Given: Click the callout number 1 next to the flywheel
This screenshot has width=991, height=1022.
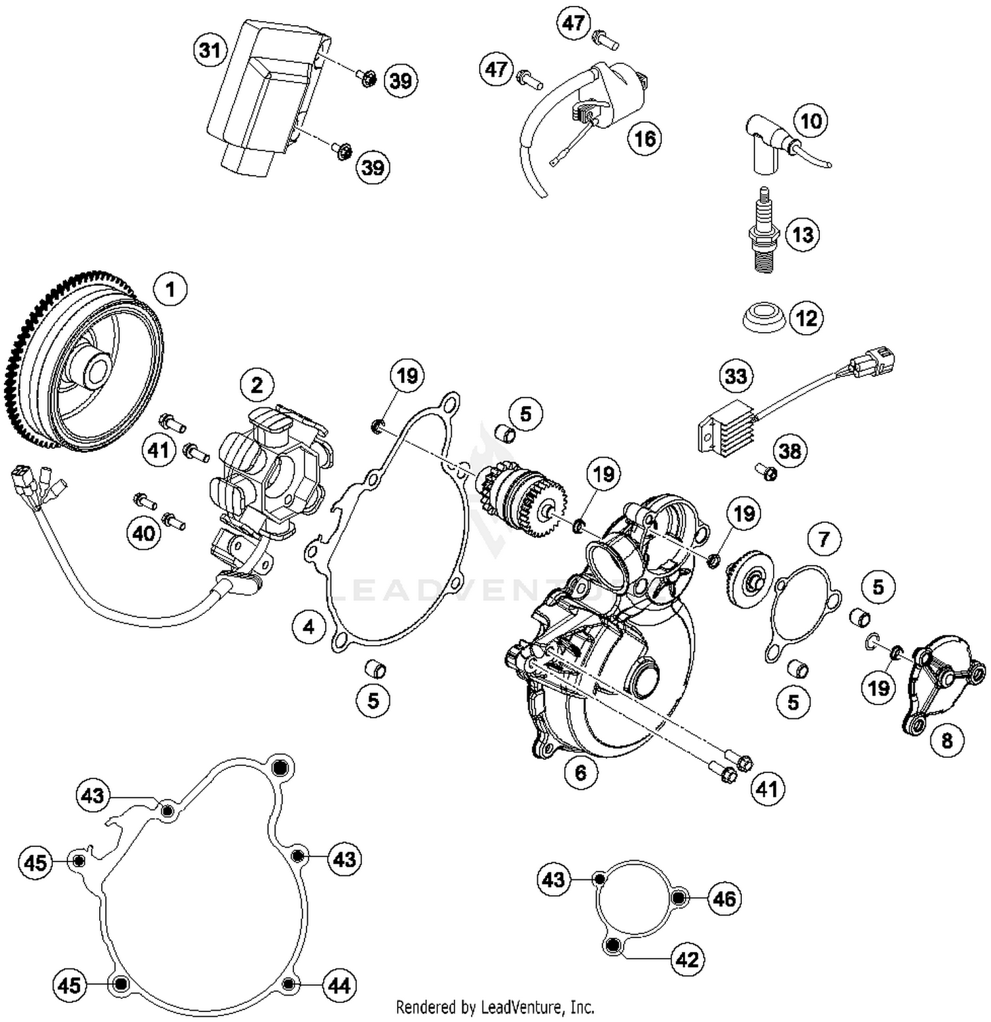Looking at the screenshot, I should (x=170, y=290).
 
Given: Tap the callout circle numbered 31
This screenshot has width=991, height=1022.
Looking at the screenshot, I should (x=210, y=50).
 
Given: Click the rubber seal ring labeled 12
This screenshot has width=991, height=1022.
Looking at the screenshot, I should (x=762, y=318).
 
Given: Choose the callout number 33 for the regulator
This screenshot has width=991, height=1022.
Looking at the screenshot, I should (x=735, y=376).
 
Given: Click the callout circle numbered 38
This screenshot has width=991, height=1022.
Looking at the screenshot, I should (x=789, y=451).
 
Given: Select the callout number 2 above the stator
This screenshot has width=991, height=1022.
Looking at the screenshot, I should (x=256, y=385).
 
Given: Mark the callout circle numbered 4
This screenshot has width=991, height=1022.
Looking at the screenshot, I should (x=309, y=626).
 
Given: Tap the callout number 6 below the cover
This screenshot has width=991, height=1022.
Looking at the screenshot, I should (x=581, y=772).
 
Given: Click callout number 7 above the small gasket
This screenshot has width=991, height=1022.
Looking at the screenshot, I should (x=823, y=539).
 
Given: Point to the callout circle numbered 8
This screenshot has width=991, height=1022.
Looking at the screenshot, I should (x=947, y=741).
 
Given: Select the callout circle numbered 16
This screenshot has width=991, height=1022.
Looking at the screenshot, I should (x=644, y=139).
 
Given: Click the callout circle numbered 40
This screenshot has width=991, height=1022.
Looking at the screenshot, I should (x=143, y=533).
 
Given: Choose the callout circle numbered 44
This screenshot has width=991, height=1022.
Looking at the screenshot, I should (x=339, y=985).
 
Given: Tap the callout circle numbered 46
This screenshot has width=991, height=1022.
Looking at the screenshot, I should (x=724, y=899).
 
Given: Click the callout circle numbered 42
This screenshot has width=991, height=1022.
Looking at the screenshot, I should (x=687, y=959).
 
